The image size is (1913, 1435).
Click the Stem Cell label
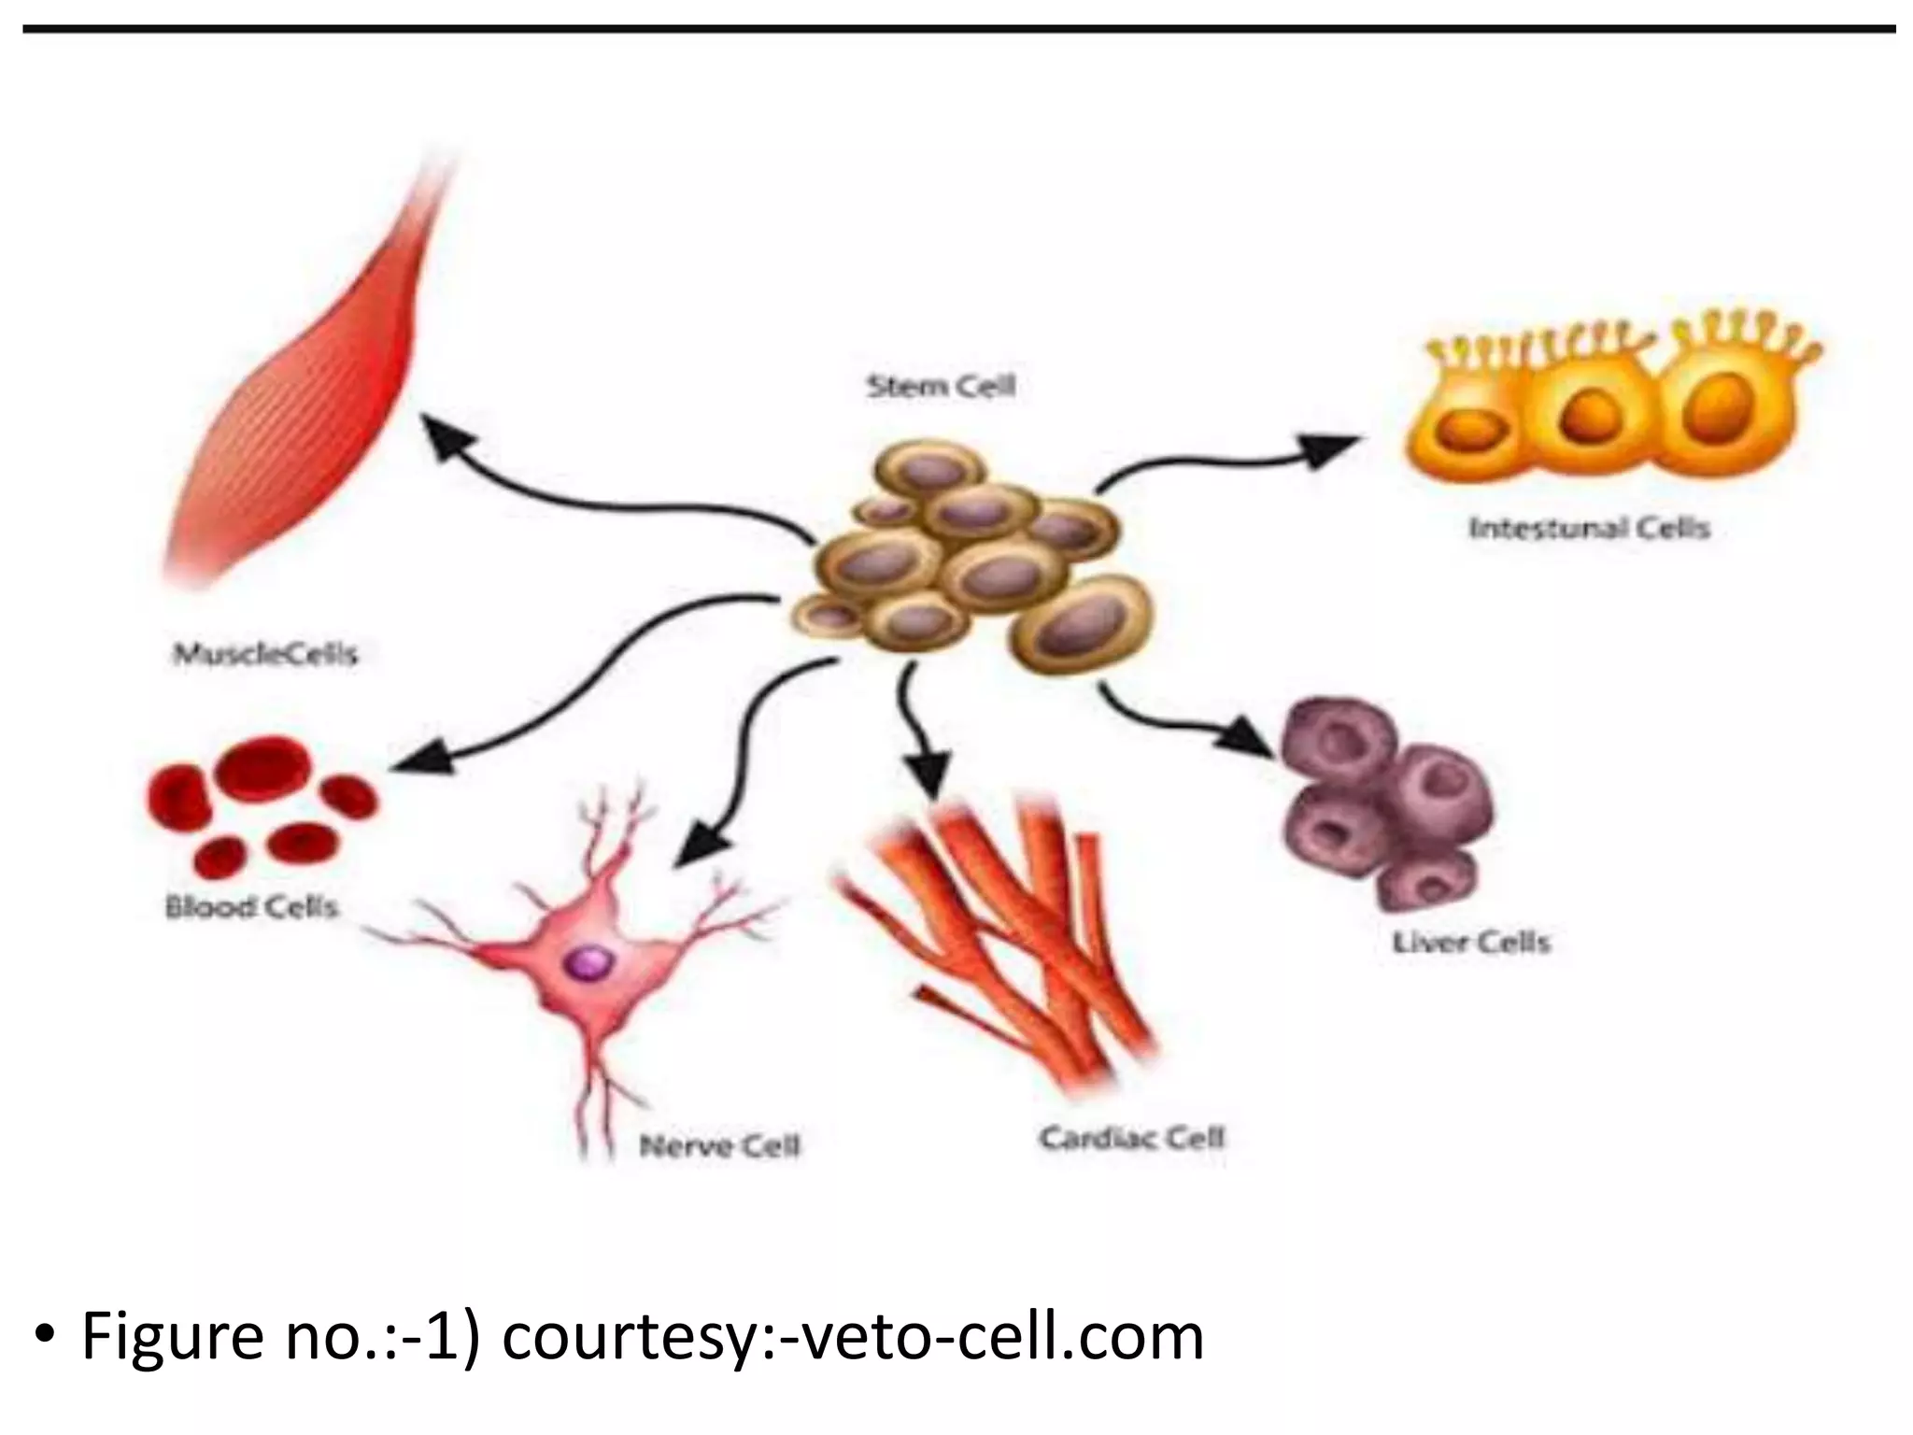point(941,386)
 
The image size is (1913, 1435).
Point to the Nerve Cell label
point(719,1145)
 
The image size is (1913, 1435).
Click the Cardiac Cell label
point(1131,1138)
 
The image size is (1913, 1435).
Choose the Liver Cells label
point(1471,942)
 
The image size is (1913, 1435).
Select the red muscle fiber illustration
point(308,392)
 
